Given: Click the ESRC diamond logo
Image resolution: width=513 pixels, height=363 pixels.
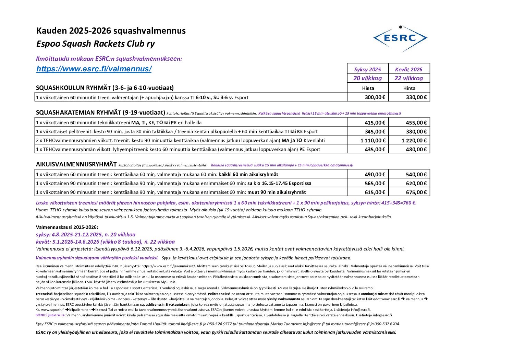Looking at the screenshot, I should pos(400,38).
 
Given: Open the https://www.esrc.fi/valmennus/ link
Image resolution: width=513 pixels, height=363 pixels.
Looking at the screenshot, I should pos(94,69).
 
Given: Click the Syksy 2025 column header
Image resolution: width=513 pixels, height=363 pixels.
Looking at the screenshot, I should pos(367,69).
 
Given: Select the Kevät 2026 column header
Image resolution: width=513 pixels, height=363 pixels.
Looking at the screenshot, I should pos(408,69).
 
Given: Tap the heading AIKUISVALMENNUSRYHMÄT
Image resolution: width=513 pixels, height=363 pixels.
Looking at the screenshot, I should pos(76,164).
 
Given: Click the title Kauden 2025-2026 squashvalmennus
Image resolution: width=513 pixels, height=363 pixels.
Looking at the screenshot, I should pos(111,31).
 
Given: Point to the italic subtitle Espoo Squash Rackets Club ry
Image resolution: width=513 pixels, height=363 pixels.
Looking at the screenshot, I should pos(96,44).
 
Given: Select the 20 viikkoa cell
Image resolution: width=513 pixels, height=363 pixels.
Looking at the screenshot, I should pos(367,78).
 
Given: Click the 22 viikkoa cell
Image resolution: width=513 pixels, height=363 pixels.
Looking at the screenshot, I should pos(408,78).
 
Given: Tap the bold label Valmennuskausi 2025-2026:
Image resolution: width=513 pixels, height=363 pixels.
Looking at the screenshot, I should pos(67,227).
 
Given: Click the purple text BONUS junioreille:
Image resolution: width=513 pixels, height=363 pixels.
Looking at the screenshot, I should pos(51,315).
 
